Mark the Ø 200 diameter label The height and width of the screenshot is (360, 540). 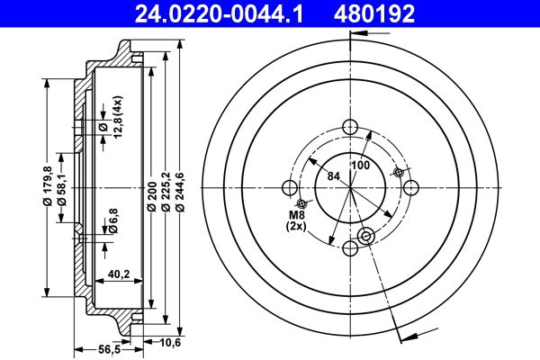click(151, 195)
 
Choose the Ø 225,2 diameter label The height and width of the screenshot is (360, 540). click(165, 195)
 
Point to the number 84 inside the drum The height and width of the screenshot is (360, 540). click(334, 175)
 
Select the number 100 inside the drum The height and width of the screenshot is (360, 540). click(361, 166)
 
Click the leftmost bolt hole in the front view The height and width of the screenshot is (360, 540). click(289, 187)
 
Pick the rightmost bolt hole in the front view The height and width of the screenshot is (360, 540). click(412, 186)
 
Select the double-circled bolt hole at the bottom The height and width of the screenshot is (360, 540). click(365, 237)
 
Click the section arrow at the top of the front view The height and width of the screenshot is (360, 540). click(360, 34)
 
